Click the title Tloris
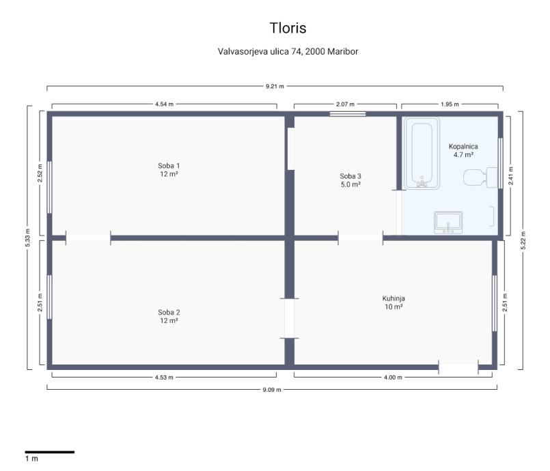coord(288,28)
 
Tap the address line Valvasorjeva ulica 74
coord(260,51)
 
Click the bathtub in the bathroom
coord(422,153)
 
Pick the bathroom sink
coord(448,223)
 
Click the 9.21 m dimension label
coord(275,86)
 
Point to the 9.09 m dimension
coord(272,389)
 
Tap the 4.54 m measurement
coord(164,104)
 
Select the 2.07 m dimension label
coord(345,104)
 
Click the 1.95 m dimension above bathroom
coord(450,104)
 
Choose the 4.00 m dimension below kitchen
coord(393,377)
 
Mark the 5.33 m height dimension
coord(28,238)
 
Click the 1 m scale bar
coord(49,452)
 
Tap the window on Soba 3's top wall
coord(348,114)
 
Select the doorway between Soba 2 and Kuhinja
coord(290,318)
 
